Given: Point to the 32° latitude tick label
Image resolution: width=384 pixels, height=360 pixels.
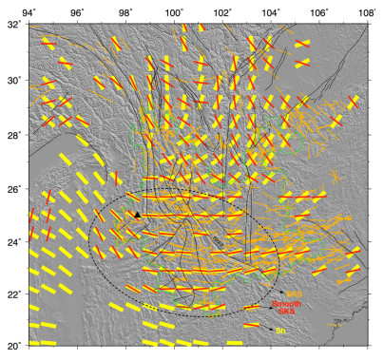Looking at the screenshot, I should tap(12, 26).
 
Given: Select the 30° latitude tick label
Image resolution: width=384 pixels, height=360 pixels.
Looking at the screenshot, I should tap(12, 80).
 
